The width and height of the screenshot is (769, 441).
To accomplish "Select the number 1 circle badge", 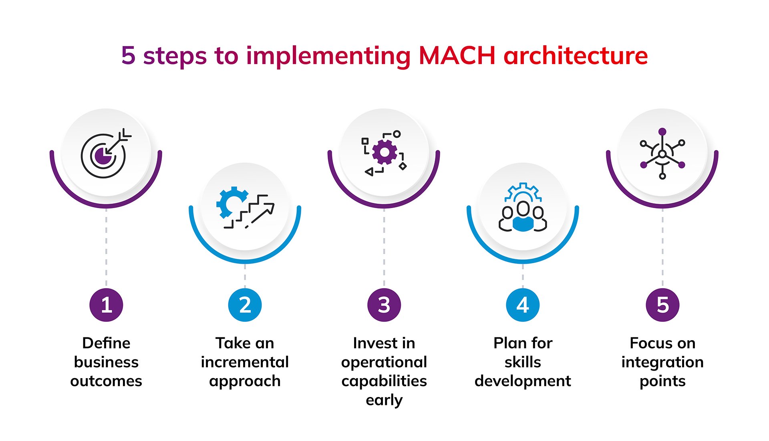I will pos(106,305).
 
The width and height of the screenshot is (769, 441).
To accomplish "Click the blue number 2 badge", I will pos(245,305).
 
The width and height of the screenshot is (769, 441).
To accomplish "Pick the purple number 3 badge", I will pos(384,305).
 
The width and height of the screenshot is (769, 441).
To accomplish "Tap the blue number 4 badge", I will pos(523,305).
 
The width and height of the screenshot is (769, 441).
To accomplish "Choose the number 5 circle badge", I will pos(662,305).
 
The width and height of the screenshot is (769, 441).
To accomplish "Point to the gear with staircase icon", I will pos(245,208).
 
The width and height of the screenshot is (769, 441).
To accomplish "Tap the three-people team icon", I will pos(523,208).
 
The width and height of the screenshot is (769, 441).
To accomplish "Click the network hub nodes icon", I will pos(662,154).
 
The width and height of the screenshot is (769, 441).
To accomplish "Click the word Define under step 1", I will pos(106,343).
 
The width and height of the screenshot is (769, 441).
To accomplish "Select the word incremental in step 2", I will pos(245,362).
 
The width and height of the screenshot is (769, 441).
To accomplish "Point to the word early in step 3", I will pos(384,400).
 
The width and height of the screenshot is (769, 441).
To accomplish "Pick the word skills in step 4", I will pos(523,362).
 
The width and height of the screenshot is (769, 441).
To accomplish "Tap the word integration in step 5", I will pos(662,362).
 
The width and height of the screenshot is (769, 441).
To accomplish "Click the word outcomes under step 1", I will pos(106,381).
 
